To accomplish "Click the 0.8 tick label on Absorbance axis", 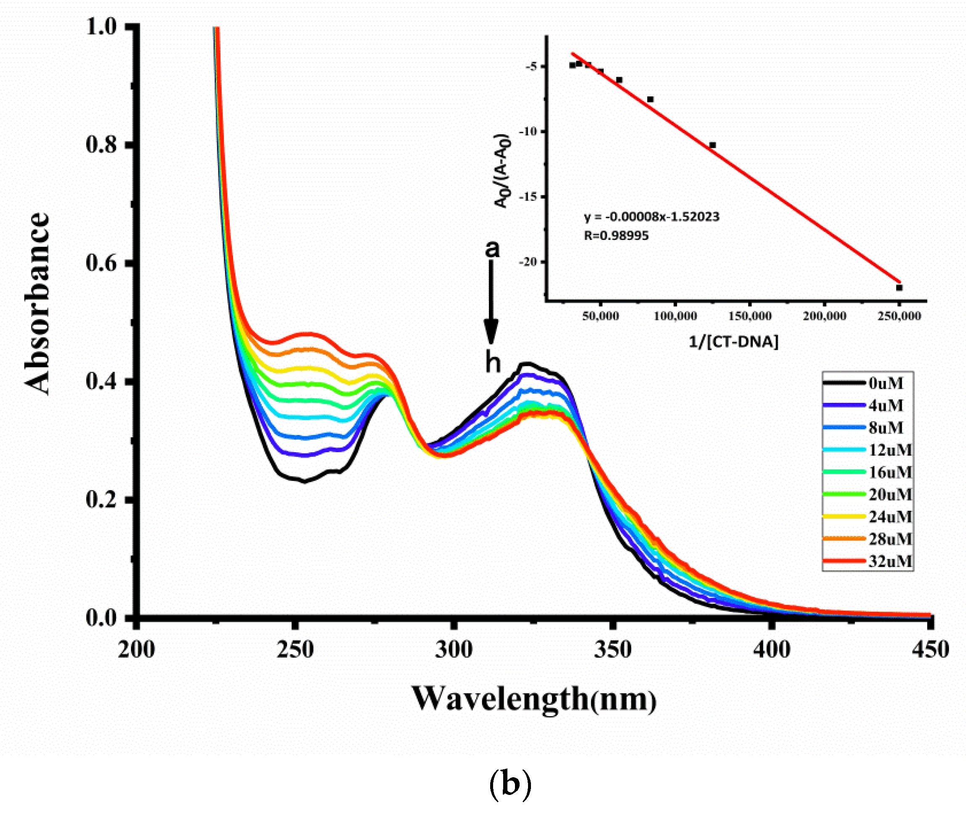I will pyautogui.click(x=101, y=145).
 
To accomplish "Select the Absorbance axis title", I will pyautogui.click(x=37, y=303).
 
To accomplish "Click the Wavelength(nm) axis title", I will pyautogui.click(x=534, y=699).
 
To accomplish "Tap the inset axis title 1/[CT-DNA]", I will pyautogui.click(x=733, y=342).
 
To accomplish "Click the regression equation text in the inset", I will pyautogui.click(x=651, y=217).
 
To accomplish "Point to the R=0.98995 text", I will pyautogui.click(x=616, y=236).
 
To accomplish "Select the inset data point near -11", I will pyautogui.click(x=712, y=145).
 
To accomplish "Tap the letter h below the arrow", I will pyautogui.click(x=493, y=362).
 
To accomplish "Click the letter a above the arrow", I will pyautogui.click(x=492, y=249).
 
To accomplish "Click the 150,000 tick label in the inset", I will pyautogui.click(x=750, y=316).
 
